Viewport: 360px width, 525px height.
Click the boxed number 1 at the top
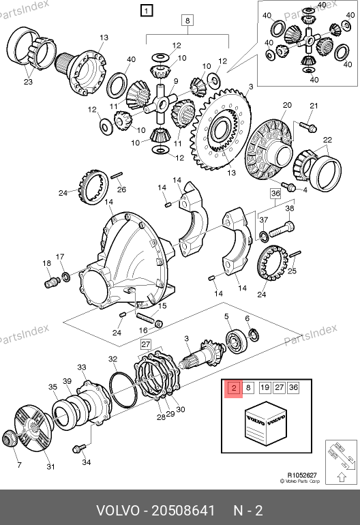coord(147,11)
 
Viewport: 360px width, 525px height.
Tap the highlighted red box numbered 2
coord(233,389)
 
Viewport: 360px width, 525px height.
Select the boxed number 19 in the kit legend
coord(265,387)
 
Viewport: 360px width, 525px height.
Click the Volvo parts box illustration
coord(266,425)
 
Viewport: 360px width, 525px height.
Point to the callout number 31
coord(50,466)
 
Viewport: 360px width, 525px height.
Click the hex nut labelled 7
coord(8,438)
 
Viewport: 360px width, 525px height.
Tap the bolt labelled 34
coord(79,448)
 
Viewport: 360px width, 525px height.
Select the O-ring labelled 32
coord(123,389)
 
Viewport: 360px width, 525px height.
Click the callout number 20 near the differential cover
coord(287,105)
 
